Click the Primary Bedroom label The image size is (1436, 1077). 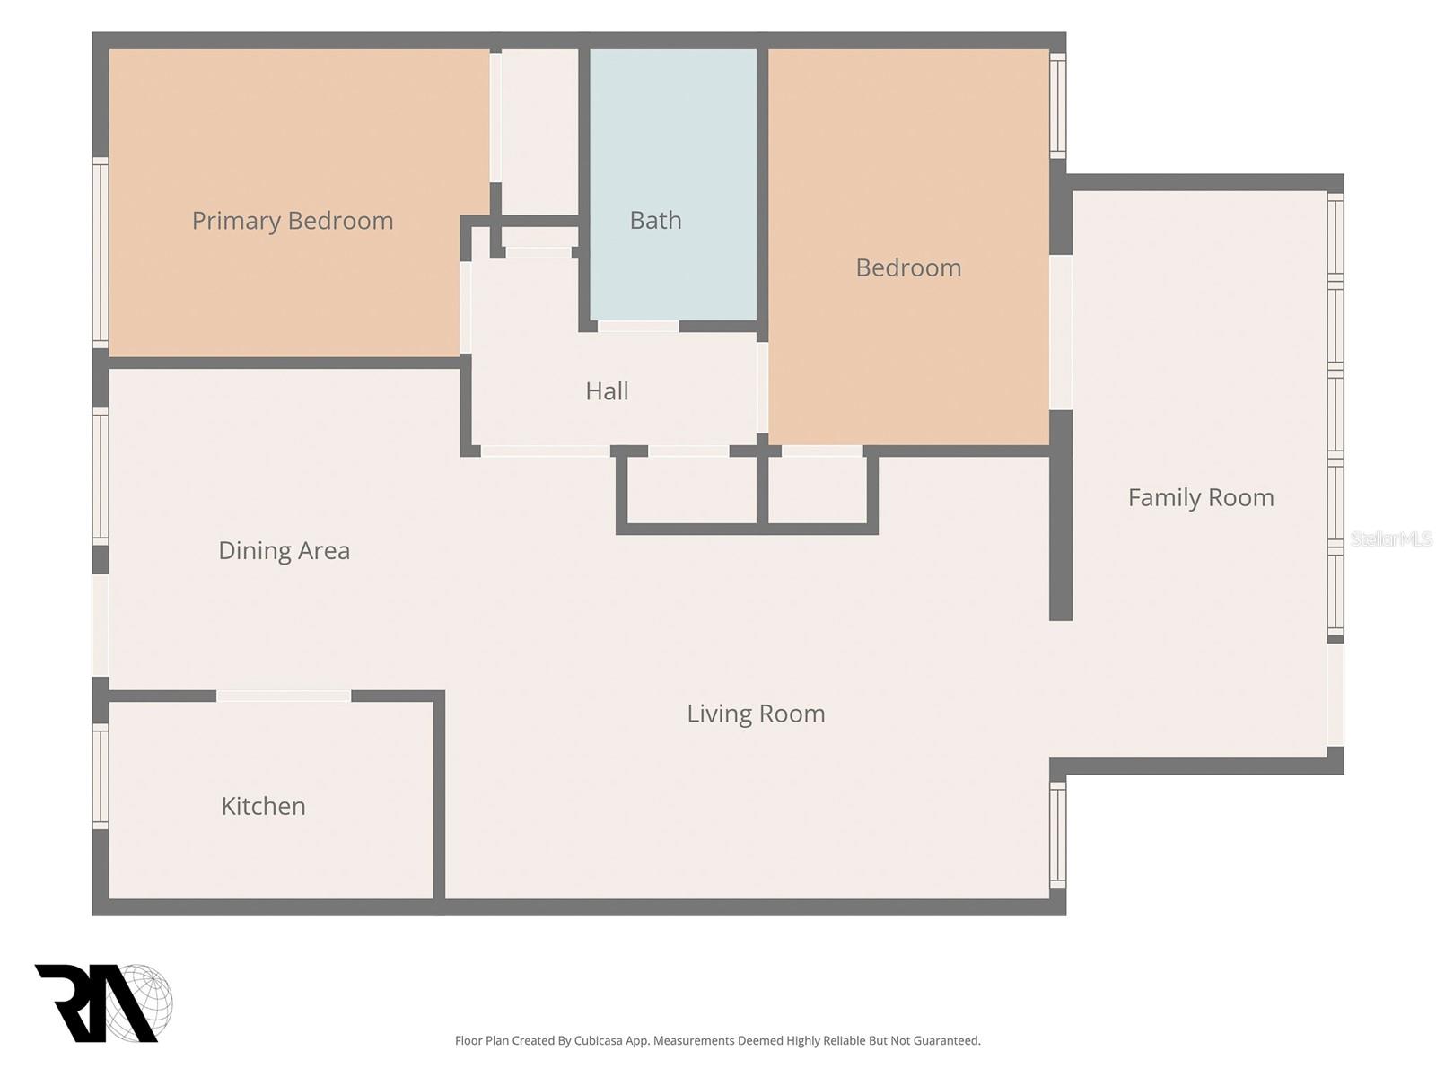pyautogui.click(x=293, y=221)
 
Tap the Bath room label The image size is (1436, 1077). pyautogui.click(x=655, y=221)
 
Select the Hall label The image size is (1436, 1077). pyautogui.click(x=607, y=391)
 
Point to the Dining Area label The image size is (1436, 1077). pyautogui.click(x=284, y=550)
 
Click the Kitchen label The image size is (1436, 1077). pyautogui.click(x=264, y=806)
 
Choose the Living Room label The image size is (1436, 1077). pyautogui.click(x=756, y=714)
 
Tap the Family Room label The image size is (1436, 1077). pyautogui.click(x=1201, y=497)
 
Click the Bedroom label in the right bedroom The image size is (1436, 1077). pyautogui.click(x=908, y=267)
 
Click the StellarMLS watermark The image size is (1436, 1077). pyautogui.click(x=1391, y=538)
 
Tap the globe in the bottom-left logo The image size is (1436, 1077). pyautogui.click(x=143, y=1003)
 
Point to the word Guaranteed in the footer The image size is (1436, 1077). pyautogui.click(x=947, y=1040)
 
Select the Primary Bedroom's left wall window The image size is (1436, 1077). pyautogui.click(x=101, y=252)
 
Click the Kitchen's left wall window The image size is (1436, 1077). pyautogui.click(x=101, y=776)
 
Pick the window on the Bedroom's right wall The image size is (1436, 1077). pyautogui.click(x=1058, y=105)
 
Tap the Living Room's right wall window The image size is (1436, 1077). pyautogui.click(x=1058, y=835)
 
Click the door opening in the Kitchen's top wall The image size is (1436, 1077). pyautogui.click(x=284, y=696)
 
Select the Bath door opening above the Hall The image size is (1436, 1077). pyautogui.click(x=638, y=326)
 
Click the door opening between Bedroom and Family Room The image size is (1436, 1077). pyautogui.click(x=1061, y=332)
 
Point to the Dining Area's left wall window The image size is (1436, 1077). pyautogui.click(x=101, y=477)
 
